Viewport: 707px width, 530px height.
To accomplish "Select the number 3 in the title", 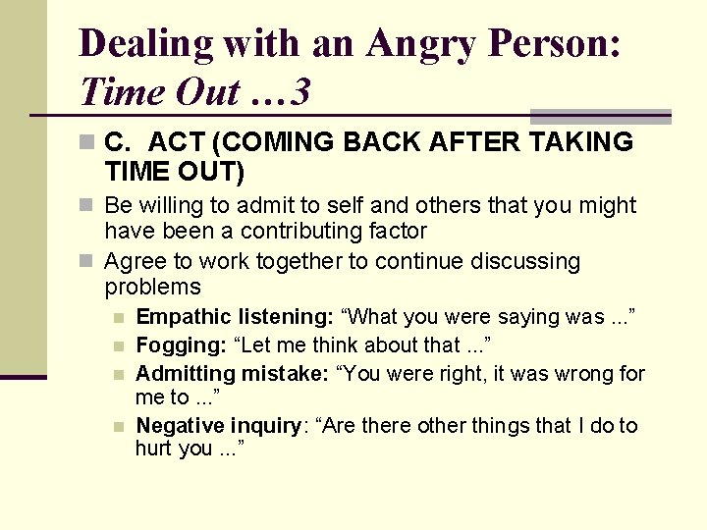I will pyautogui.click(x=301, y=93).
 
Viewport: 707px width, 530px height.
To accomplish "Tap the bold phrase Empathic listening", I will pyautogui.click(x=235, y=317).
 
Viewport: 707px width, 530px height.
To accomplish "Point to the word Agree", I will pyautogui.click(x=133, y=262).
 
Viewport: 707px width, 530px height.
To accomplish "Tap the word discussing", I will pyautogui.click(x=524, y=262).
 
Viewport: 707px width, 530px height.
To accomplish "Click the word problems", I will pyautogui.click(x=152, y=288).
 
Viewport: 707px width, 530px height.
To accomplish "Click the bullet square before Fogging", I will pyautogui.click(x=119, y=345).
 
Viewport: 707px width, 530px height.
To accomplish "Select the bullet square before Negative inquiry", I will pyautogui.click(x=119, y=426).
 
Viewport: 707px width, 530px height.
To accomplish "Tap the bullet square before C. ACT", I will pyautogui.click(x=87, y=143).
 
